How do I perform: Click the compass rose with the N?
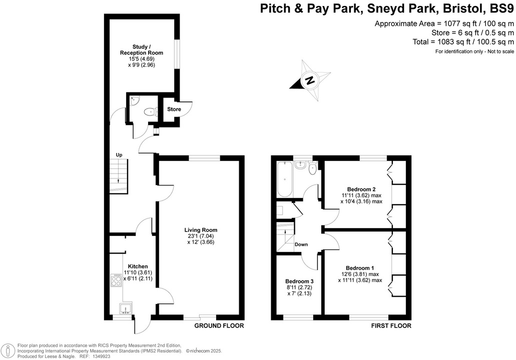click(x=310, y=80)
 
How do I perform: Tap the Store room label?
click(x=174, y=109)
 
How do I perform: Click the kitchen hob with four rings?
click(x=117, y=280)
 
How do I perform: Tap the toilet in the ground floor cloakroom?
click(x=149, y=112)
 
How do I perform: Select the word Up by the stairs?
click(x=119, y=155)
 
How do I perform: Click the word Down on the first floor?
click(x=301, y=244)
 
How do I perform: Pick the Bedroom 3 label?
click(x=299, y=281)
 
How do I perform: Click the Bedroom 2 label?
click(x=361, y=189)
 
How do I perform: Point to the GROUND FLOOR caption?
click(x=219, y=326)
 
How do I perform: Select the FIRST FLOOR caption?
click(x=391, y=326)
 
